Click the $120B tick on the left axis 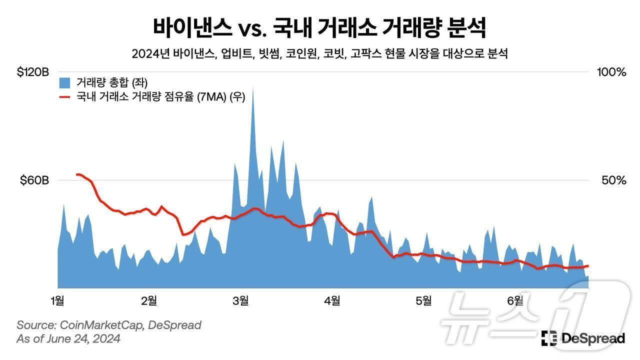click(32, 72)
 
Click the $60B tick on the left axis click(34, 180)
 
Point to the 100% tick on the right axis click(611, 72)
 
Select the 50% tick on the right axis click(613, 180)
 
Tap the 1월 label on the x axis click(57, 300)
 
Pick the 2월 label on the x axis click(149, 300)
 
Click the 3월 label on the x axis click(240, 300)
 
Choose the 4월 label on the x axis click(332, 300)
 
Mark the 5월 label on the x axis click(423, 300)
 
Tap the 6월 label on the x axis click(515, 300)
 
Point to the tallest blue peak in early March click(253, 89)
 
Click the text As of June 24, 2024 click(68, 339)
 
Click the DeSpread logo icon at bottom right click(549, 338)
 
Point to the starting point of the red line click(76, 174)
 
